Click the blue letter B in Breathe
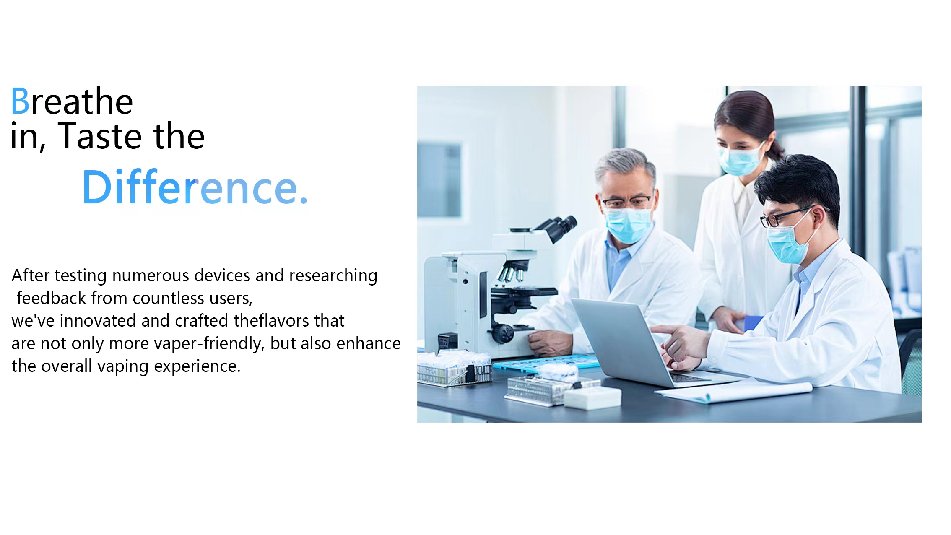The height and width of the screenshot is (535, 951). tap(20, 101)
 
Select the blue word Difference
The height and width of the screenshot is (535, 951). tap(195, 187)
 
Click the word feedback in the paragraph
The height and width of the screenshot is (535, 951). tap(51, 298)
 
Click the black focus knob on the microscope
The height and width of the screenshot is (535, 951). tap(504, 334)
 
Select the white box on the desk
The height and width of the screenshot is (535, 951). tap(592, 398)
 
